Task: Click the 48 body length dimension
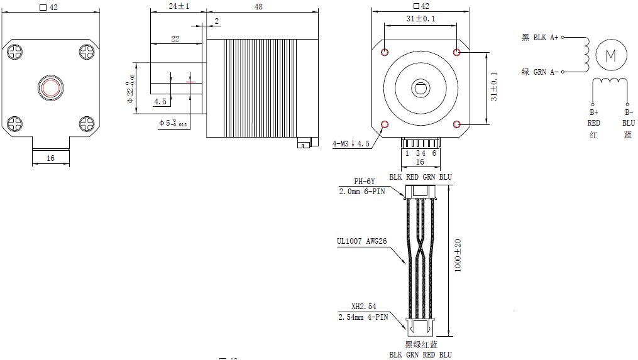click(x=258, y=6)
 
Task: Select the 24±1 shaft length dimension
click(x=179, y=6)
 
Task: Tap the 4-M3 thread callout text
click(x=351, y=144)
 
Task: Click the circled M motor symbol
click(x=610, y=55)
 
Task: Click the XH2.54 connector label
click(x=363, y=307)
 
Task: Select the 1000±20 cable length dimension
click(x=458, y=256)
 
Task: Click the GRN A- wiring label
click(x=540, y=72)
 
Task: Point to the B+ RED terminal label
click(x=593, y=117)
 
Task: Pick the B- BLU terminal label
click(x=628, y=117)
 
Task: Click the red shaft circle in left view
click(x=50, y=87)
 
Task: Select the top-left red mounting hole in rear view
click(x=385, y=52)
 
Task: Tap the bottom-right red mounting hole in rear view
click(x=456, y=124)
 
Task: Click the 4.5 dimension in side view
click(x=160, y=101)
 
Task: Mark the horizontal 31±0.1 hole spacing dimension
click(x=421, y=19)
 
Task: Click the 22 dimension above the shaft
click(x=175, y=39)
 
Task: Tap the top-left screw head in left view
click(x=15, y=52)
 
